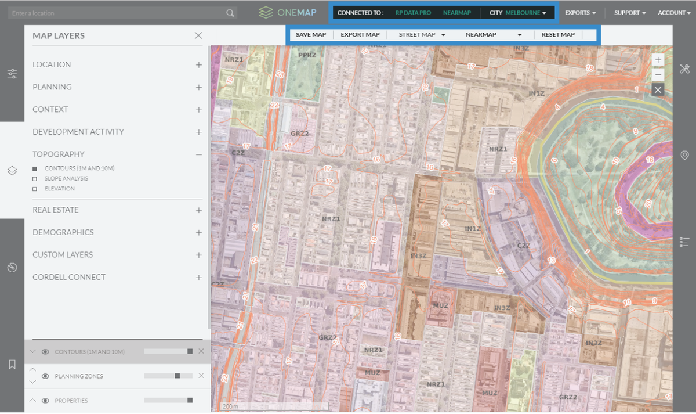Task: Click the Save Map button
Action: click(x=311, y=35)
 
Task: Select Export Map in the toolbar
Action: click(x=360, y=35)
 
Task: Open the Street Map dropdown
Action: click(x=422, y=35)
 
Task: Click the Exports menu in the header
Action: click(x=580, y=13)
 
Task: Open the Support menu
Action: click(x=630, y=13)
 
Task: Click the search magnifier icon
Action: click(x=230, y=13)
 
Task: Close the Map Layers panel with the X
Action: click(x=198, y=35)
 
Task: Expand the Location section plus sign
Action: click(x=199, y=65)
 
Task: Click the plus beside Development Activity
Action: click(x=199, y=132)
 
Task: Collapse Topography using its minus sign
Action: click(x=199, y=154)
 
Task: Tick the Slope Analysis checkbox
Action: click(x=35, y=179)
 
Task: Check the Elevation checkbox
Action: click(x=35, y=189)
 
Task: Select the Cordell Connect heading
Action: click(x=69, y=277)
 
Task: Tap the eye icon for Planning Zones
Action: click(x=45, y=376)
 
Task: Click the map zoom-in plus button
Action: click(x=658, y=60)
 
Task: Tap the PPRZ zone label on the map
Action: click(x=307, y=55)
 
